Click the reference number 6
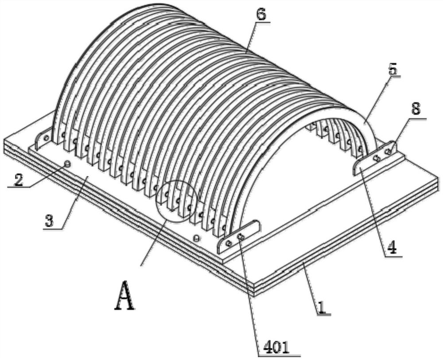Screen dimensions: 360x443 pyautogui.click(x=261, y=14)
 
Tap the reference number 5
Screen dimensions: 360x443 pyautogui.click(x=393, y=70)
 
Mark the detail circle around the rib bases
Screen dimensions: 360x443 pyautogui.click(x=176, y=200)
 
